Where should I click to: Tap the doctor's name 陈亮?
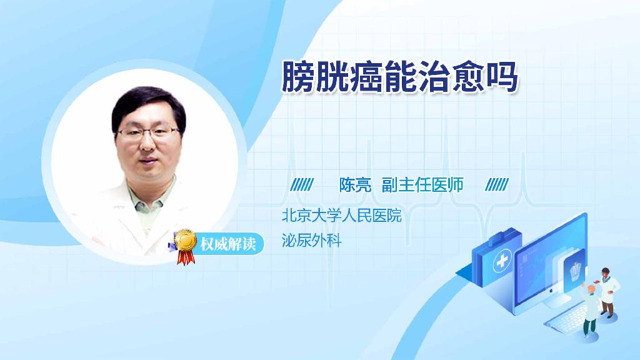[355, 184]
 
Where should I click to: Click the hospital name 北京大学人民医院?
[341, 216]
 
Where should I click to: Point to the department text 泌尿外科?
[312, 241]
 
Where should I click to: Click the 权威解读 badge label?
[227, 244]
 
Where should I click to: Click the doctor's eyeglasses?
[149, 132]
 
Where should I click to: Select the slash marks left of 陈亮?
[303, 184]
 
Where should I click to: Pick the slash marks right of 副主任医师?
[497, 184]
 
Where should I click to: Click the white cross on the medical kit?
[502, 262]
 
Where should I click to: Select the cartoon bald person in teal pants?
[589, 309]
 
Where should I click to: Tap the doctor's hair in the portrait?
[147, 103]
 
